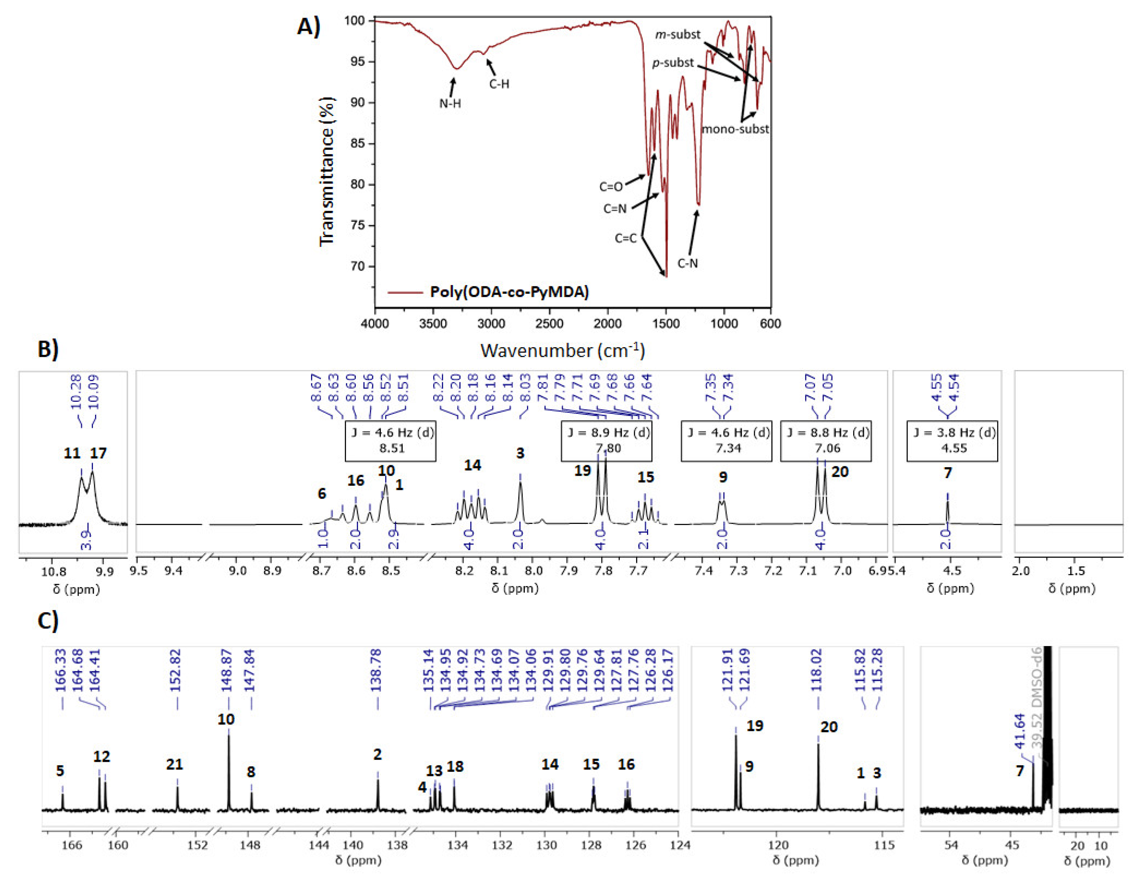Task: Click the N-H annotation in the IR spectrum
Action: click(450, 104)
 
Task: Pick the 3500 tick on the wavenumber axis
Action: click(433, 324)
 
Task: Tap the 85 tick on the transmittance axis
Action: click(358, 144)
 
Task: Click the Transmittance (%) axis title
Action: click(326, 171)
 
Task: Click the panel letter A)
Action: click(308, 26)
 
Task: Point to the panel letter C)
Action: click(48, 620)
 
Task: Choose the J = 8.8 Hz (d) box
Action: click(826, 441)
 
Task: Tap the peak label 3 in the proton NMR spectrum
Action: click(520, 453)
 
